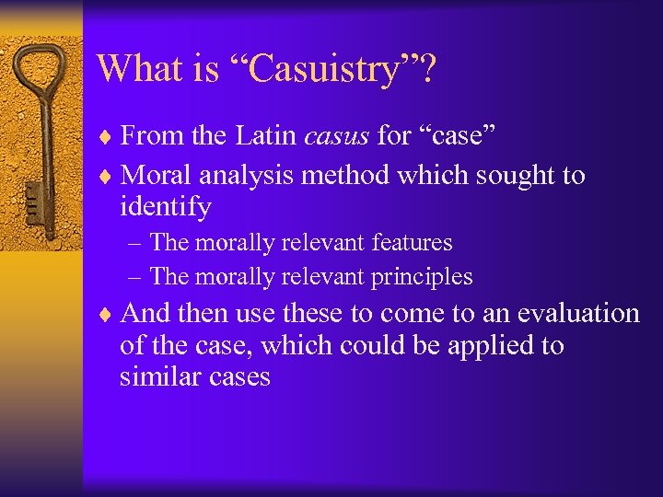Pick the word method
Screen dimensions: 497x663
[357, 174]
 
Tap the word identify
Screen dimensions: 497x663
[165, 207]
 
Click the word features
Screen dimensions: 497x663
[413, 243]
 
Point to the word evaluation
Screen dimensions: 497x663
[577, 313]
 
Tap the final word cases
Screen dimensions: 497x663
[238, 376]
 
